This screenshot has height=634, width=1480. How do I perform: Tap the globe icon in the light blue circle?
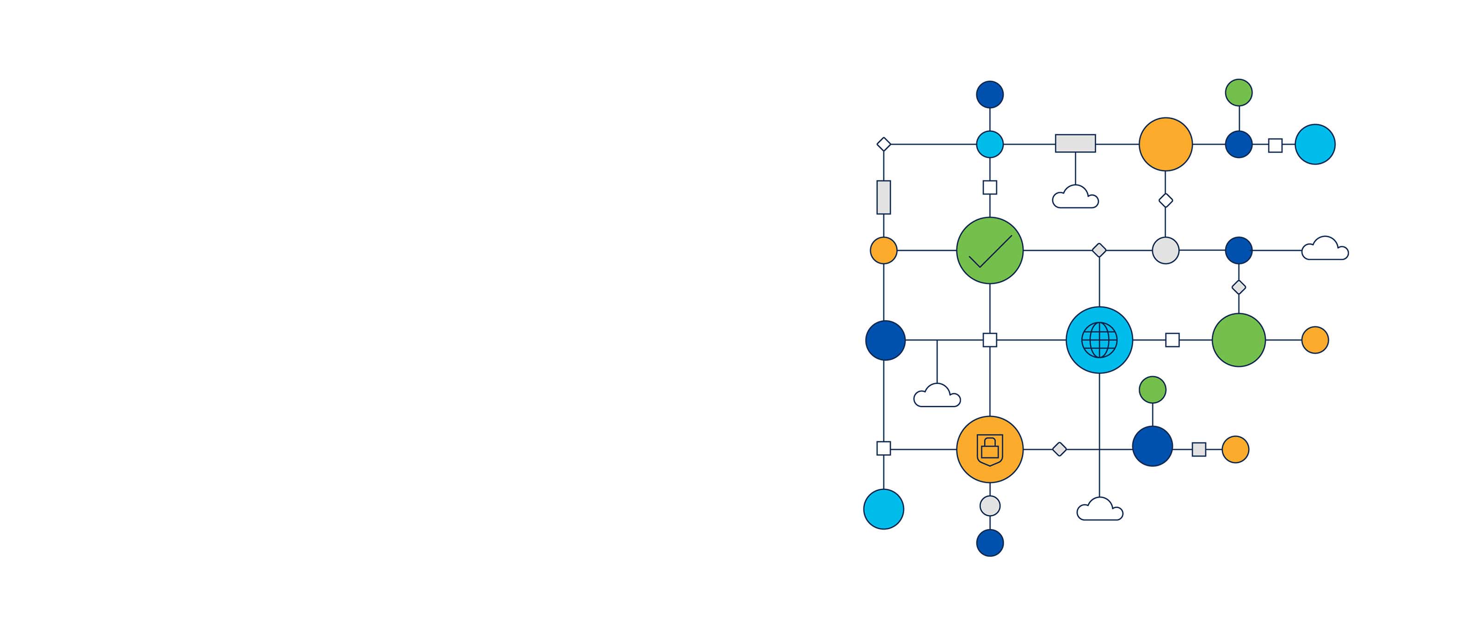(x=1099, y=340)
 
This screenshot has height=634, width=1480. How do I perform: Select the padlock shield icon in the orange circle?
(x=990, y=449)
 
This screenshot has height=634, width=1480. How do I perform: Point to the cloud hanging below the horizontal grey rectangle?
(x=1075, y=198)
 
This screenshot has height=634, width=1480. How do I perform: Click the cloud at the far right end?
(x=1325, y=249)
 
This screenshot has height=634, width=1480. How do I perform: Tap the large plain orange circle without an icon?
(x=1165, y=144)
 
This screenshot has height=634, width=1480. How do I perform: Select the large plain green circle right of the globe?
(x=1239, y=340)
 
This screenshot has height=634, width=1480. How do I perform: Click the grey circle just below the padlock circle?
(x=990, y=506)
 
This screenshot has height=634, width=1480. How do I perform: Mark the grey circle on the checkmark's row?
(x=1165, y=250)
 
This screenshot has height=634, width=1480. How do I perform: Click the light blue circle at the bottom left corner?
(x=884, y=509)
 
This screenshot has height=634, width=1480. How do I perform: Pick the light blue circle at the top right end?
(x=1315, y=144)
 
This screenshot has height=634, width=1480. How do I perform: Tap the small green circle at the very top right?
(x=1239, y=92)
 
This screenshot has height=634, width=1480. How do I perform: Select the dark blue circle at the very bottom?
(x=990, y=543)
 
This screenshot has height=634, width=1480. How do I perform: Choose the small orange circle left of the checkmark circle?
(x=884, y=250)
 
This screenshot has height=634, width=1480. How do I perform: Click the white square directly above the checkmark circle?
(x=990, y=187)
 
